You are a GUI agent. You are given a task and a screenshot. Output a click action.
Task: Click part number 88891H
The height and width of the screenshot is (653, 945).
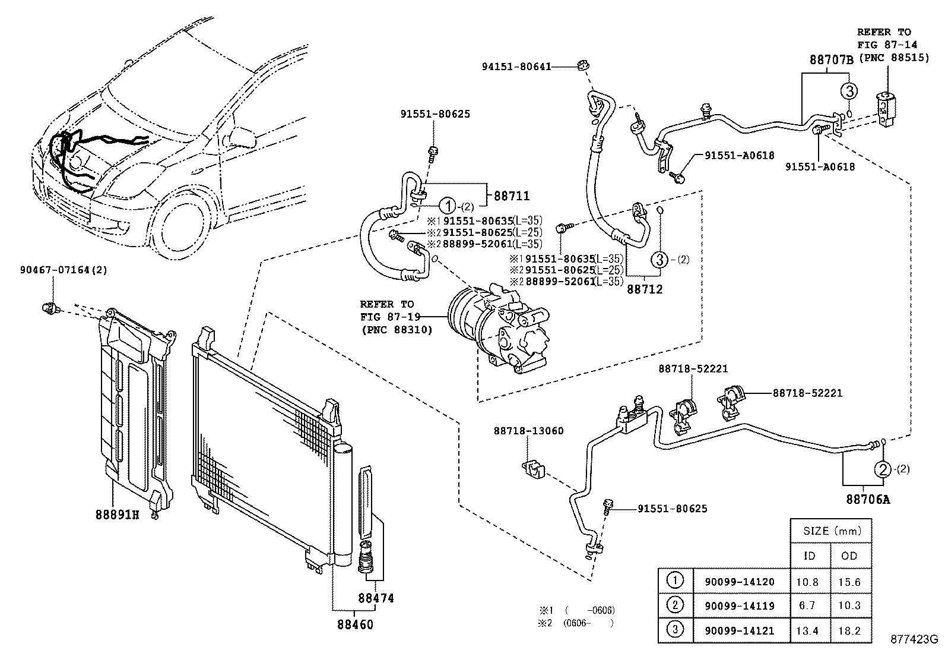(117, 514)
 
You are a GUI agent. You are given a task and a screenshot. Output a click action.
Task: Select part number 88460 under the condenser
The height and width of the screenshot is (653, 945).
(356, 624)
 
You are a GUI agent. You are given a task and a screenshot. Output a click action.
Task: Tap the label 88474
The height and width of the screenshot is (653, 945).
(376, 598)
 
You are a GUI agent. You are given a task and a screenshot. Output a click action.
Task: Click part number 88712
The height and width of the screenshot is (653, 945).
(645, 289)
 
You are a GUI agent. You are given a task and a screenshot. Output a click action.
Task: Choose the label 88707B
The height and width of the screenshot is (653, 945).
(832, 59)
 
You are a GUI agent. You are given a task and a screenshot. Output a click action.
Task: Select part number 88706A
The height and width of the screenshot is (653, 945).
(868, 499)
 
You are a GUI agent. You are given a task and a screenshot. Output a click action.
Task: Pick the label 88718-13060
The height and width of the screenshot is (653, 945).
(519, 431)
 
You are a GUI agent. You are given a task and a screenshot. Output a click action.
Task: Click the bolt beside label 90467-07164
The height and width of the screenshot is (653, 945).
(50, 308)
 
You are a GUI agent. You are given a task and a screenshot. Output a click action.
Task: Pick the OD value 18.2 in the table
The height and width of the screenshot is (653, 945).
(850, 630)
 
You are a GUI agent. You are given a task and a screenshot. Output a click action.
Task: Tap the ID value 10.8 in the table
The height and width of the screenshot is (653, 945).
(809, 582)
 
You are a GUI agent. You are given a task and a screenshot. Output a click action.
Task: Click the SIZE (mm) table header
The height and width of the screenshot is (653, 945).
(831, 531)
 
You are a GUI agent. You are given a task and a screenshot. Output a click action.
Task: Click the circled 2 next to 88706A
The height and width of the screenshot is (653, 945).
(882, 470)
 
